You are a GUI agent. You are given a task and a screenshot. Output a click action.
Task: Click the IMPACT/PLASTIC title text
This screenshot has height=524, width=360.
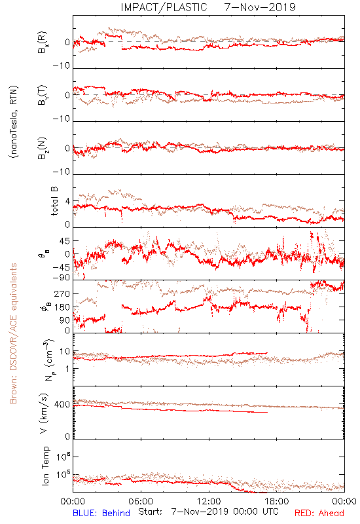click(164, 7)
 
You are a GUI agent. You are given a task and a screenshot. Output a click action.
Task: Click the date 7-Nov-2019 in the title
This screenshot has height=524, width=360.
click(260, 7)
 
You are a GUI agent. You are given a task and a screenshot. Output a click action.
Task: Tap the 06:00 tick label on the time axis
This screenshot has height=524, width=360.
click(141, 501)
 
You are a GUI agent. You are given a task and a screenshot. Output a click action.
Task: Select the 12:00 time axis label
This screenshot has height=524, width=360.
click(209, 501)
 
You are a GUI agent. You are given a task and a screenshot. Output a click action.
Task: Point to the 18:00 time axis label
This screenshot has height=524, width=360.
click(277, 501)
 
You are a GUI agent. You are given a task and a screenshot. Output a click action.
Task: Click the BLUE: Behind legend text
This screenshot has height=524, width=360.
click(101, 513)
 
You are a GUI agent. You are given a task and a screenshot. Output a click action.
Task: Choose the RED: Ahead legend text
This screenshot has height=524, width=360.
click(319, 513)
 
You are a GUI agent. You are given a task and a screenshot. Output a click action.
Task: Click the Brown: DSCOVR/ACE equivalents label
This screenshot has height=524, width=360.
click(13, 333)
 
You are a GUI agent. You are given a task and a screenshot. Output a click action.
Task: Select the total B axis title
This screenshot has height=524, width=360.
click(54, 201)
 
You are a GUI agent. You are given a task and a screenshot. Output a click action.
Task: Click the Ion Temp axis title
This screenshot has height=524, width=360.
click(45, 466)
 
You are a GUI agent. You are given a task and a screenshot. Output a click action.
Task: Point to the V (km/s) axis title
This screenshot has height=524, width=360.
click(44, 413)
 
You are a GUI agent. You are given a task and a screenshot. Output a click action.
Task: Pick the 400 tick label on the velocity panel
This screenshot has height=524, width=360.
click(62, 404)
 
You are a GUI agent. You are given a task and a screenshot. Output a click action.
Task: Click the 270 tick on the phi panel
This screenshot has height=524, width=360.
click(62, 293)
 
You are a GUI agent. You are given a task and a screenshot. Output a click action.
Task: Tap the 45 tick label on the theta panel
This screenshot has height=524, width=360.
click(65, 240)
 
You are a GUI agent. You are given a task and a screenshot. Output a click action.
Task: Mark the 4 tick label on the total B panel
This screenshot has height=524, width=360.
click(68, 201)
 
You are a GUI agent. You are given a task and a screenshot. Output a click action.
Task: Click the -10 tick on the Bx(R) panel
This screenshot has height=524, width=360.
click(62, 66)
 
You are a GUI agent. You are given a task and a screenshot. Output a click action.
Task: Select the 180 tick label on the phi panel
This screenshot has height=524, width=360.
click(62, 307)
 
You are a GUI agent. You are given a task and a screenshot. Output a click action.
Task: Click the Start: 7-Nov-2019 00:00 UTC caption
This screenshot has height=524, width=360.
click(208, 512)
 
